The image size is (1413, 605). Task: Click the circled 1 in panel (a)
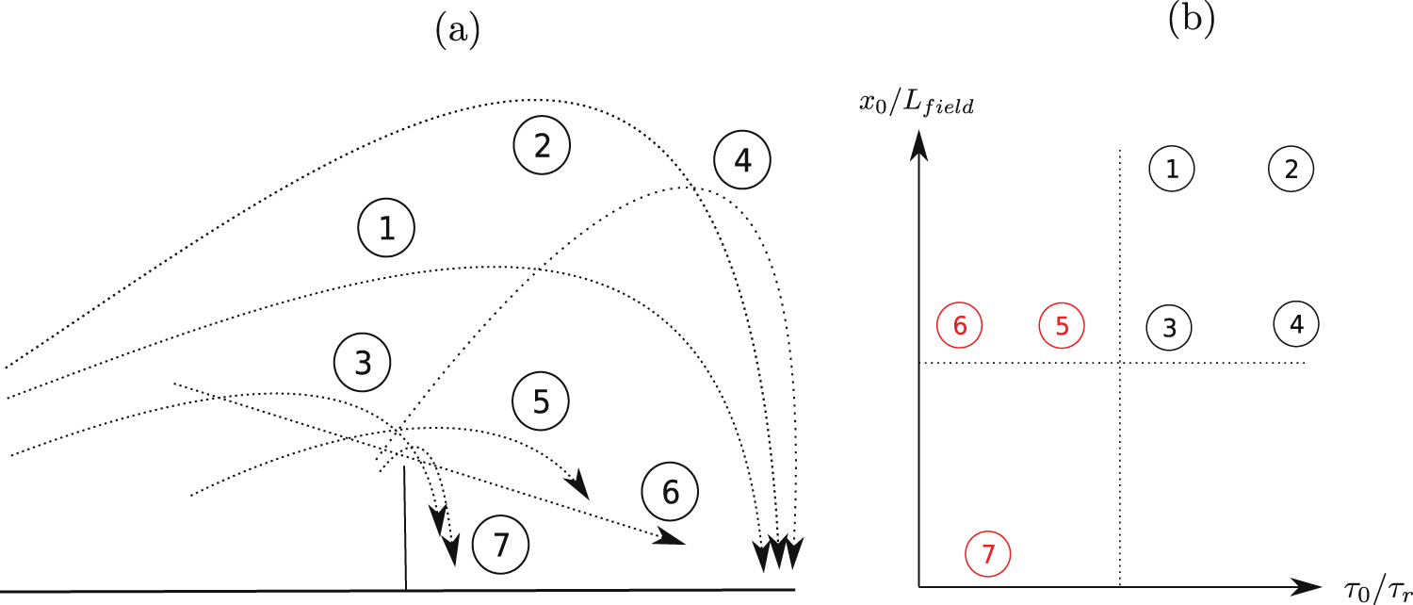point(386,231)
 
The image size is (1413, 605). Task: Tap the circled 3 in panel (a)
point(363,363)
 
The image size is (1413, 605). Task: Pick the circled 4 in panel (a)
point(742,161)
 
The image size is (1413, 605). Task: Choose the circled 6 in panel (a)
point(671,491)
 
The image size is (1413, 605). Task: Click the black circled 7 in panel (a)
point(501,544)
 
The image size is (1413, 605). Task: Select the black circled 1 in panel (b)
point(1172,170)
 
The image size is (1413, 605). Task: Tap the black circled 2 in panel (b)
point(1291,170)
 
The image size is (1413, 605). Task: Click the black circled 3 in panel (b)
point(1169,327)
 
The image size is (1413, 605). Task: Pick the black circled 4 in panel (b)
point(1296,324)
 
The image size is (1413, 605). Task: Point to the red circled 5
point(1062,326)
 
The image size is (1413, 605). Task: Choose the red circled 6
point(960,326)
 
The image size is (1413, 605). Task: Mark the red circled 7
point(988,554)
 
